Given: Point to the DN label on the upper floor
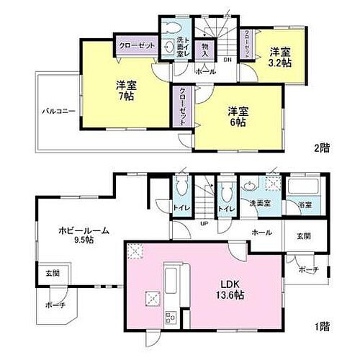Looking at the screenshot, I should [x=227, y=60].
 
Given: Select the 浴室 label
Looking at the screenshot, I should [x=306, y=205].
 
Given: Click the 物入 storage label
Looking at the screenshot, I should [x=205, y=49].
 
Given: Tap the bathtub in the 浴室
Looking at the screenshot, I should [x=301, y=189].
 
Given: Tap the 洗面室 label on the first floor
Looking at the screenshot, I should [x=260, y=204].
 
